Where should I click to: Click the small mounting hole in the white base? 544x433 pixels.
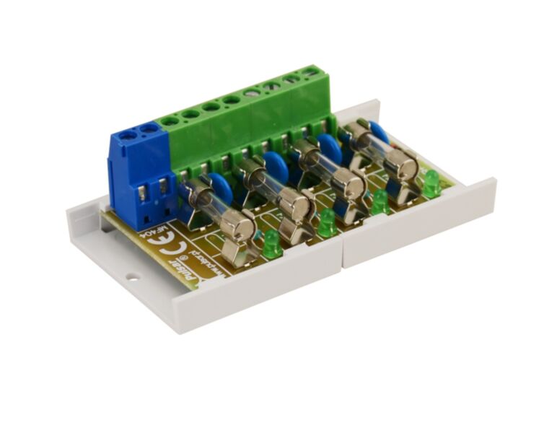tap(132, 276)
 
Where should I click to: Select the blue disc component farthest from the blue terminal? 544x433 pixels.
tap(377, 132)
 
